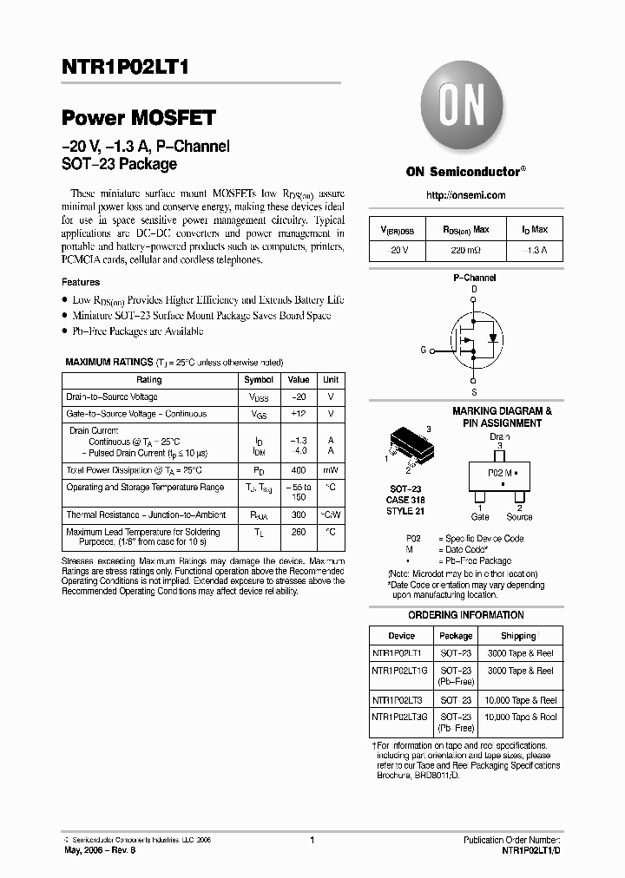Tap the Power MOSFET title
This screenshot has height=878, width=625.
pos(139,119)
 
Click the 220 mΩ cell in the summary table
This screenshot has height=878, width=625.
pos(466,251)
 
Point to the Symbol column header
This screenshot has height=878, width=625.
pos(259,380)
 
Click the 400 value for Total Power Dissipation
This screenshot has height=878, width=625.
pos(298,470)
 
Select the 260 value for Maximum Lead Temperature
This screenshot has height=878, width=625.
pos(298,532)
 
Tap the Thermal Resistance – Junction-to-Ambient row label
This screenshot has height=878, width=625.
pos(146,514)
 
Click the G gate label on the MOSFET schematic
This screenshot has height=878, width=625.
pos(423,351)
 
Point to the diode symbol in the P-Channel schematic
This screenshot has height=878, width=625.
pos(493,337)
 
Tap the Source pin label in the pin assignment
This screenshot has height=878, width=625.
pos(519,517)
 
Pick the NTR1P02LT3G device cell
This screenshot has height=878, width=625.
pos(399,717)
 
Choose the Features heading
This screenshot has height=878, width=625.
pos(81,282)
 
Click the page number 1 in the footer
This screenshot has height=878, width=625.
pos(312,841)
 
